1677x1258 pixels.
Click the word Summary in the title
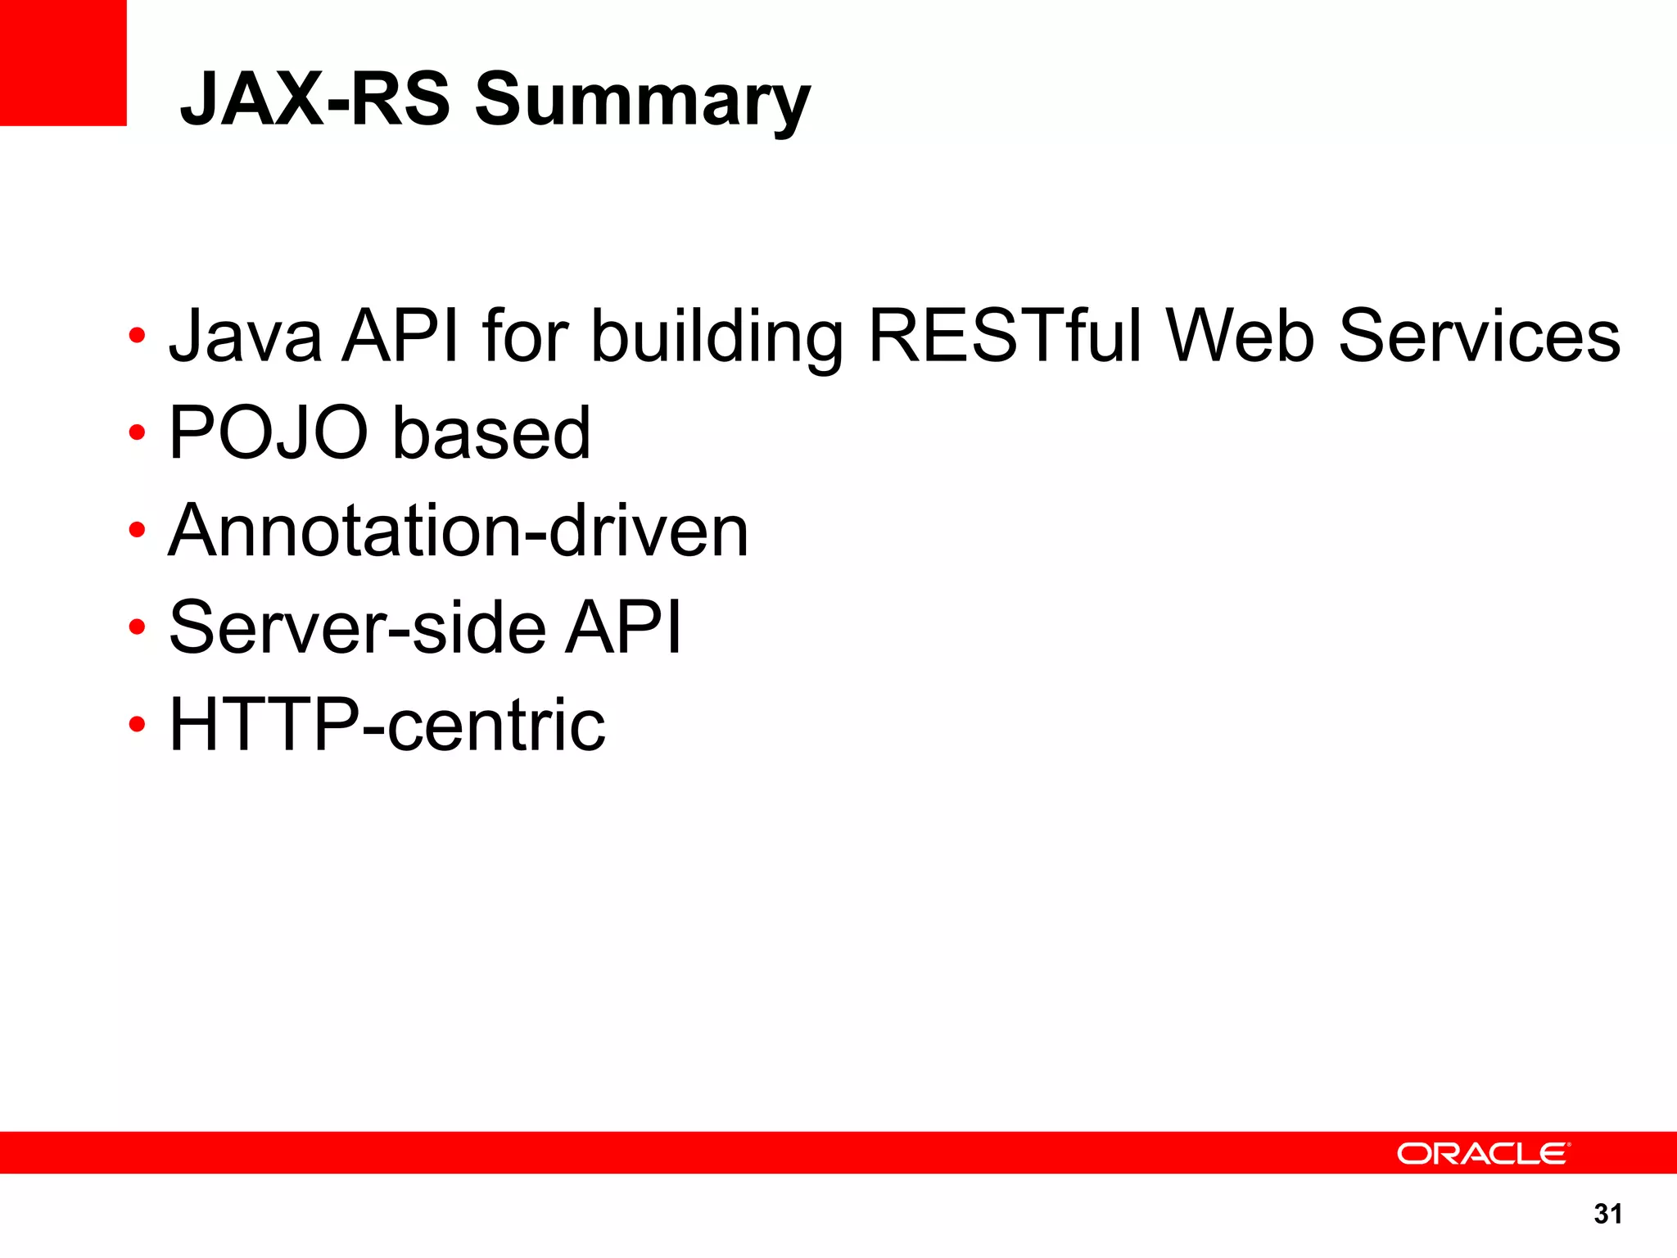[x=643, y=100]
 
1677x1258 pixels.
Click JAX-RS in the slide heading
[x=315, y=100]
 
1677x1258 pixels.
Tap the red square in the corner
[x=63, y=62]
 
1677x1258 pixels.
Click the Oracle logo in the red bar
[x=1483, y=1153]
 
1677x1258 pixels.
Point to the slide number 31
[x=1607, y=1214]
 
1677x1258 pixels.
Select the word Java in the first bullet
[x=245, y=336]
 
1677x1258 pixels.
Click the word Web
[x=1240, y=336]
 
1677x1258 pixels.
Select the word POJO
[x=269, y=432]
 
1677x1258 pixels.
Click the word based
[x=491, y=432]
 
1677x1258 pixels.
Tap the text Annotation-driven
[x=459, y=531]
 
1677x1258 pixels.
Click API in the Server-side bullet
[x=623, y=627]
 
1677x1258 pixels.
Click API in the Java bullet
[x=400, y=336]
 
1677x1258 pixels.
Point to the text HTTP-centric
[x=387, y=725]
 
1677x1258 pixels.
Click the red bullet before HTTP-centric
[x=137, y=725]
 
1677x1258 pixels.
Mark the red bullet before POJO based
[x=137, y=432]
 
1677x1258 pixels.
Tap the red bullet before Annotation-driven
[x=137, y=530]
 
